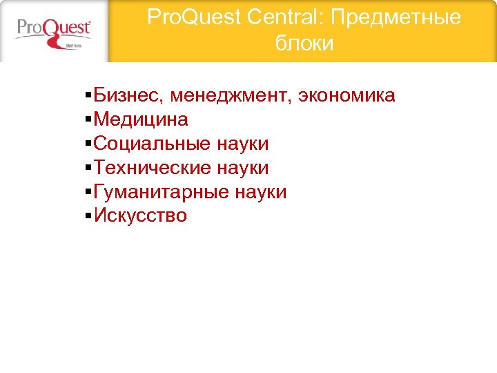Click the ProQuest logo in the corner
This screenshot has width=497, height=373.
(x=54, y=30)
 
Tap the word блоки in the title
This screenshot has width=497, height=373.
(x=304, y=44)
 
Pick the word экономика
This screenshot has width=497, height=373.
(x=347, y=95)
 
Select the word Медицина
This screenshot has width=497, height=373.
(x=141, y=119)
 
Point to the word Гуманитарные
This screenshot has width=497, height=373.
(x=161, y=192)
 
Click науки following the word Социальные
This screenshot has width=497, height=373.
(x=242, y=144)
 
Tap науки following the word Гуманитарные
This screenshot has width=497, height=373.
(x=260, y=192)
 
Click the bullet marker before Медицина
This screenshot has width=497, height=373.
(x=89, y=120)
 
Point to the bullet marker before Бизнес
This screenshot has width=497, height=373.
(x=89, y=96)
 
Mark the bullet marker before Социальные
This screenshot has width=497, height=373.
(x=89, y=144)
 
